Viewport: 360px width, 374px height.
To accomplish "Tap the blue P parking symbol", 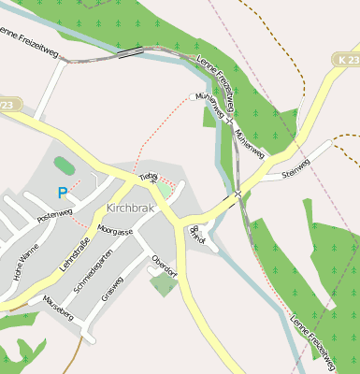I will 62,193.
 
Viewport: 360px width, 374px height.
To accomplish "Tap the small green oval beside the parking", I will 64,165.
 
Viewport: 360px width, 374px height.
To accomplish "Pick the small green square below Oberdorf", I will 163,284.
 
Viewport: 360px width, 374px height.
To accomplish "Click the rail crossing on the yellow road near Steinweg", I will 238,194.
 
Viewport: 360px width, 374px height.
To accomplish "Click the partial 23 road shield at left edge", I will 7,106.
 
